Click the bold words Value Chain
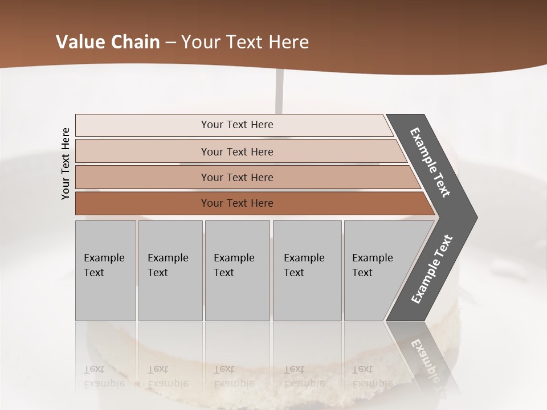pyautogui.click(x=108, y=42)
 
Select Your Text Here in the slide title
pyautogui.click(x=245, y=42)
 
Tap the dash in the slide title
pyautogui.click(x=170, y=43)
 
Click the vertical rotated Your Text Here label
pyautogui.click(x=66, y=163)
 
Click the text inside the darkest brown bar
pyautogui.click(x=237, y=203)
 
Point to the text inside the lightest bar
pyautogui.click(x=237, y=125)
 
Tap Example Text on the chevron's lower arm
pyautogui.click(x=431, y=269)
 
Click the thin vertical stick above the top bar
pyautogui.click(x=279, y=91)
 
